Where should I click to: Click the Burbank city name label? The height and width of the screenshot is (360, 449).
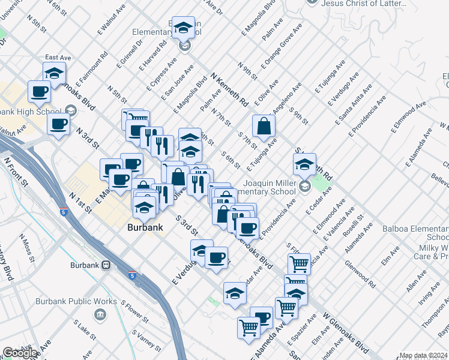144,228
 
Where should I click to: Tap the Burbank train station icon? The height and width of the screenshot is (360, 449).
105,265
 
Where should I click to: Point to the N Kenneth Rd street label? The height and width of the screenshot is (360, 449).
229,90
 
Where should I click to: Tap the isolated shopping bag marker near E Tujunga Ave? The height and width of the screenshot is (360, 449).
264,127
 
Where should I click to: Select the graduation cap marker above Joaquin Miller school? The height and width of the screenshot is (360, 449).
304,164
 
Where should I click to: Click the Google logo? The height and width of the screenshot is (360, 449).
20,353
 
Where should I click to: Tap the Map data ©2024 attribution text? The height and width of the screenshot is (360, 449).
423,355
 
